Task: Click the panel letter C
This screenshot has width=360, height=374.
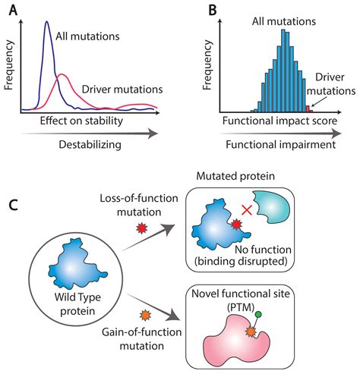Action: tap(12, 204)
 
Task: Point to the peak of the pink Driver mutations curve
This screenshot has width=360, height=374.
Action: tap(62, 74)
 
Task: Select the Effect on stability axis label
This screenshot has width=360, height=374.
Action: tap(76, 120)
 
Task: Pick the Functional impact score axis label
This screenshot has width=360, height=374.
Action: tap(267, 121)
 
